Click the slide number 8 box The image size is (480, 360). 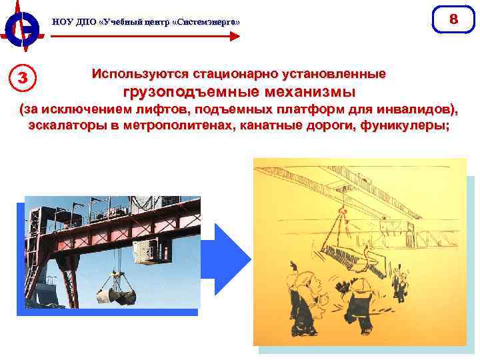click(453, 19)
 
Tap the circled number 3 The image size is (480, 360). click(22, 78)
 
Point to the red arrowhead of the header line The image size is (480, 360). click(235, 36)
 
